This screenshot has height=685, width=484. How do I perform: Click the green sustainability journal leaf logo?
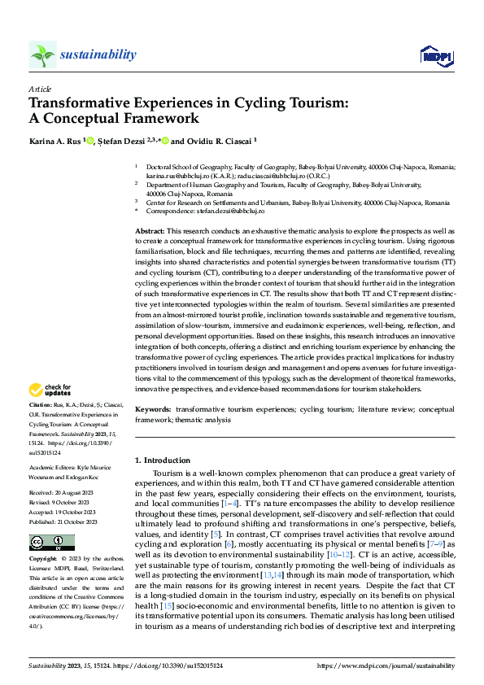pos(43,55)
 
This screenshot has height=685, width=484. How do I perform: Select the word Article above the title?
pos(40,89)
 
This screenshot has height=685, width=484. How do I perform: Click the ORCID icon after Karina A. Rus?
pos(90,142)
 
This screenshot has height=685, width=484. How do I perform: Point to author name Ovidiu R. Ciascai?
pos(219,142)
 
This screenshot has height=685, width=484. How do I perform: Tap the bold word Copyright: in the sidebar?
pos(43,561)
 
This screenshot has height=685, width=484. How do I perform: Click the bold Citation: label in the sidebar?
pos(42,404)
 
